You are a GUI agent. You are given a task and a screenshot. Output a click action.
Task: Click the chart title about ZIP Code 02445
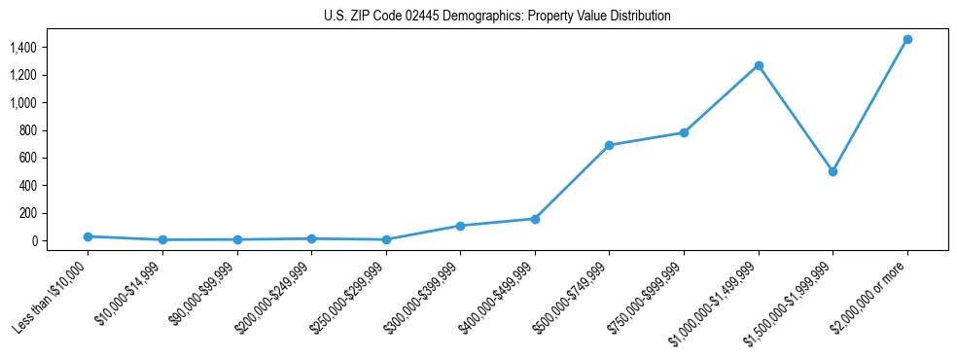(x=497, y=17)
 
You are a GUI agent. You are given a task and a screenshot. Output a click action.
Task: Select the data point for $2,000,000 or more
(x=907, y=39)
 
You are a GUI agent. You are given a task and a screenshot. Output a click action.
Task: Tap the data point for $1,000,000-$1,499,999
(x=759, y=65)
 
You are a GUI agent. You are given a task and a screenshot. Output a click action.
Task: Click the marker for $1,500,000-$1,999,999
(x=833, y=171)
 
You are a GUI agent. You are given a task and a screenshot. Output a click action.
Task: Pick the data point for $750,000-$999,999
(x=684, y=132)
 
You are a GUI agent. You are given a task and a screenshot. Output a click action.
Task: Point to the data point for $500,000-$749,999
(x=609, y=145)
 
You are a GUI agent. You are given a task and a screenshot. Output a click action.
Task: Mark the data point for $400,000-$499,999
(x=535, y=219)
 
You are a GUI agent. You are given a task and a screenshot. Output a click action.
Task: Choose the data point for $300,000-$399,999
(x=460, y=226)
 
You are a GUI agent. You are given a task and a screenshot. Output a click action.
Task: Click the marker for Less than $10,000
(x=88, y=236)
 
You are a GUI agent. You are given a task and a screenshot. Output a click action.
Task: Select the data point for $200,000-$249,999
(x=311, y=238)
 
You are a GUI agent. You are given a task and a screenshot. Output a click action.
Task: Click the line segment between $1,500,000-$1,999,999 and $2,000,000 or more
(x=870, y=105)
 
